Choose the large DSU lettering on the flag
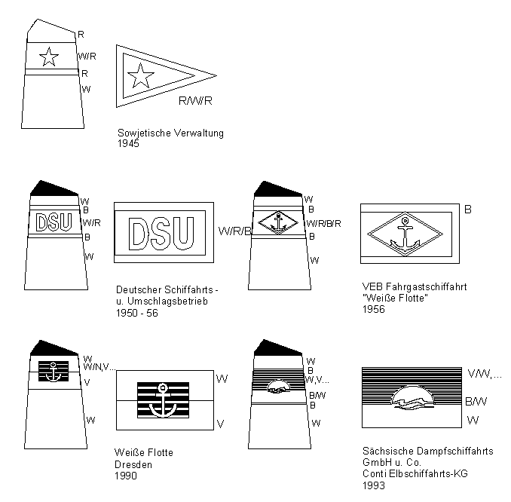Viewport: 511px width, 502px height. pos(162,234)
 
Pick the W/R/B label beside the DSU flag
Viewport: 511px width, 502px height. pos(232,231)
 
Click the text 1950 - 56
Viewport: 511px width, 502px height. pos(138,313)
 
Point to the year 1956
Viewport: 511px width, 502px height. pos(374,309)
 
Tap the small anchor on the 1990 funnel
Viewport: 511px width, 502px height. pos(54,371)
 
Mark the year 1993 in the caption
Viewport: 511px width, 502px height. pos(374,485)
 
